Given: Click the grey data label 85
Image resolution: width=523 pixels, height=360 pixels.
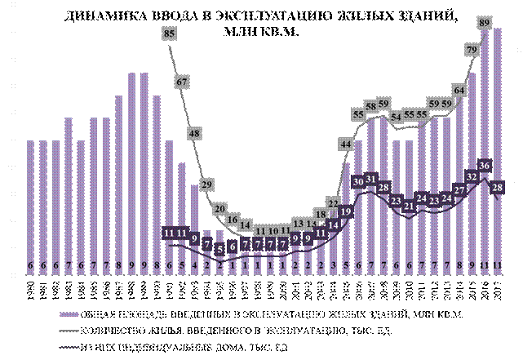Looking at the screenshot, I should (x=169, y=34).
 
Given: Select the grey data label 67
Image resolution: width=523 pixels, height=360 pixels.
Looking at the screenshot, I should (x=182, y=82).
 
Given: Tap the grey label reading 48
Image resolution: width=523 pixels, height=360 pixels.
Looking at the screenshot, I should (x=195, y=133).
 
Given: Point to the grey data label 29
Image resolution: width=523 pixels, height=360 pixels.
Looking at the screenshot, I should (x=207, y=184).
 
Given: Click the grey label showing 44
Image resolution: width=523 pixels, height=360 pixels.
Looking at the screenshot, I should (x=346, y=144).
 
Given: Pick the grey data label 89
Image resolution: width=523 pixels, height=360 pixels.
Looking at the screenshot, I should (x=485, y=22).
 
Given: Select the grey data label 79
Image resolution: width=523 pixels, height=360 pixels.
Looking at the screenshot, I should (x=472, y=50).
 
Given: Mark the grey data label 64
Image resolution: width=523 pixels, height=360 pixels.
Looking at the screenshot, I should (x=459, y=90).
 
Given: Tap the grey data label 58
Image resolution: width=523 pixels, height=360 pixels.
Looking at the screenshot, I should (x=370, y=106).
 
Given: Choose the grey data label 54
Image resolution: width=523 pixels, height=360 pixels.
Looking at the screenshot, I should (x=397, y=117).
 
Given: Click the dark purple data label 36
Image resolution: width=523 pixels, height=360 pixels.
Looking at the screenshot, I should (x=485, y=166).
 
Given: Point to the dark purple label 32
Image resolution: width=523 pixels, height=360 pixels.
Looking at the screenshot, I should (x=472, y=176).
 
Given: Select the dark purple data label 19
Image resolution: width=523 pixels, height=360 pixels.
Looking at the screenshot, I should (x=346, y=211).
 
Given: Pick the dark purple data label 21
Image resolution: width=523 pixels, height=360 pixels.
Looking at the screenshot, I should (x=409, y=207).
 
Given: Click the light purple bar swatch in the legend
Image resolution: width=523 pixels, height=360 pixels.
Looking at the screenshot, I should (x=69, y=314).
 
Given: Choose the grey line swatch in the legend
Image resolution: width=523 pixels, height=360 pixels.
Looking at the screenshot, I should (x=69, y=331).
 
